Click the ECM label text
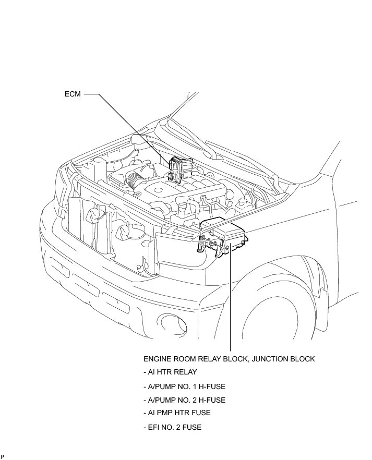pos(72,95)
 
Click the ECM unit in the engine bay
pos(177,169)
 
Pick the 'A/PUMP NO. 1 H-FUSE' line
pos(184,386)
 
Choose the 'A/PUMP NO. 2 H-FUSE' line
pos(184,400)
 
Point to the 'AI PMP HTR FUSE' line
pos(177,413)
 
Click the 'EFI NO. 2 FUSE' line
pos(172,427)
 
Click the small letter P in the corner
pos(3,456)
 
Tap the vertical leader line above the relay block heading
pos(230,302)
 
